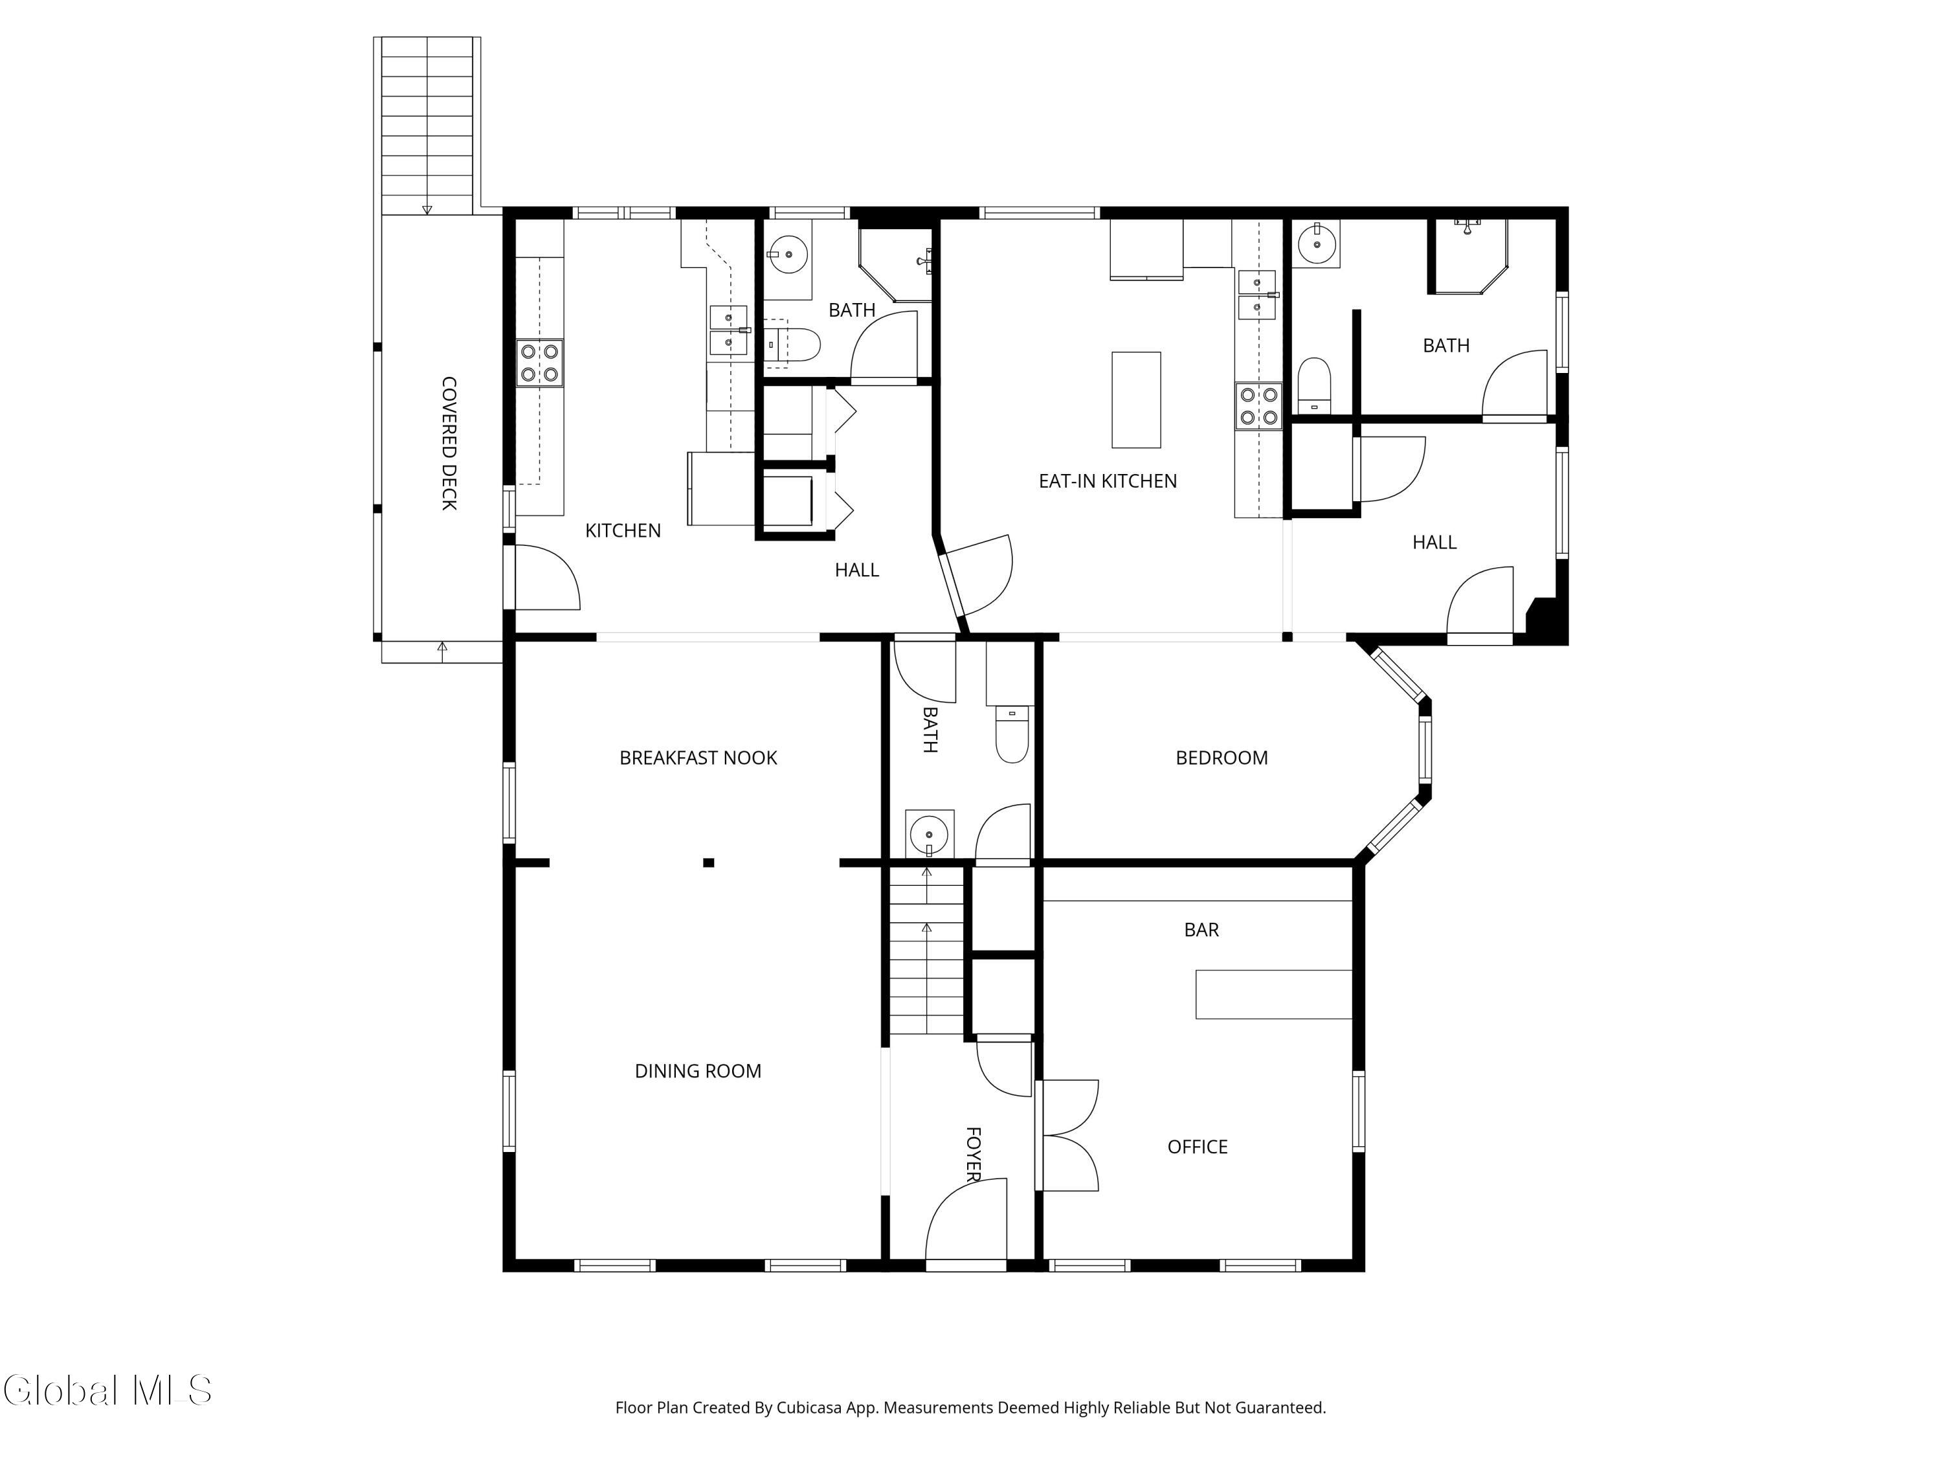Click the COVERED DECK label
(449, 444)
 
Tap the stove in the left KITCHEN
(539, 363)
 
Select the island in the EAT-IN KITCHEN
(1136, 400)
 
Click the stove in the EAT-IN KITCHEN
(1258, 406)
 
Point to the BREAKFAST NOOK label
(698, 758)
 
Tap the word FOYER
(973, 1154)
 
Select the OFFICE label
(1198, 1146)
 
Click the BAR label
(1201, 929)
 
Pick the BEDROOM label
(1222, 758)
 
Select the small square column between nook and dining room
(708, 863)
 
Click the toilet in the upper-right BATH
(1314, 385)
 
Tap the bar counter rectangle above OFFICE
(1273, 994)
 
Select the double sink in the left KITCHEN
(728, 330)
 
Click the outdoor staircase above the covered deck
(427, 125)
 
